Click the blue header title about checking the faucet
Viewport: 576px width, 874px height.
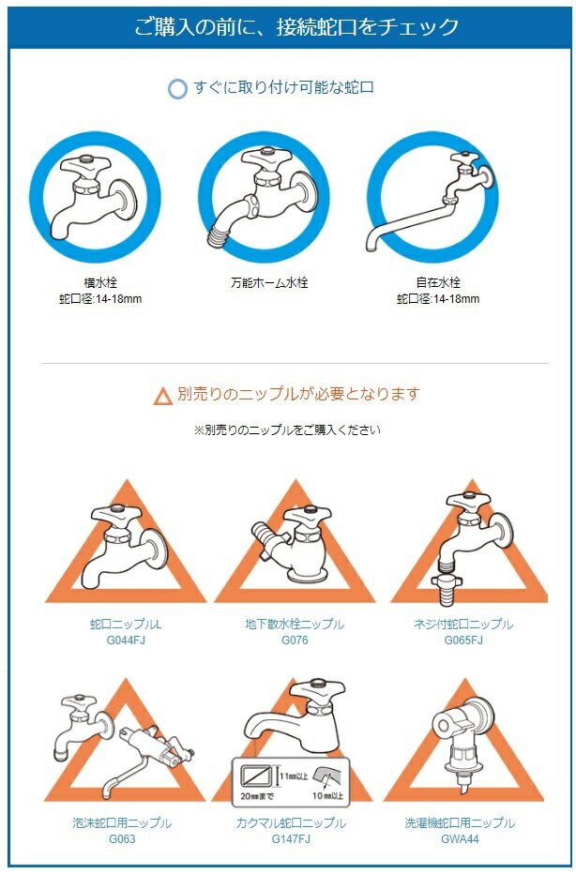point(296,26)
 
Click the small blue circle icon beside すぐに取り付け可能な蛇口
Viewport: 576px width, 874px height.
point(177,89)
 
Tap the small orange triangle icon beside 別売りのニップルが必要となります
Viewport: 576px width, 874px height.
point(163,397)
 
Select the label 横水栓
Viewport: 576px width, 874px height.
point(100,282)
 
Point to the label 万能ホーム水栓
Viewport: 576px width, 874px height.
point(269,282)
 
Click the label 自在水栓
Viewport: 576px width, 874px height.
point(438,282)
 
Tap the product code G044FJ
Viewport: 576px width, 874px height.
point(126,640)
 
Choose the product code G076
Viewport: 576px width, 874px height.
point(295,640)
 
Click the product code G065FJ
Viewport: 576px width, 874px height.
point(463,640)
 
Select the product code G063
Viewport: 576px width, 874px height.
point(122,838)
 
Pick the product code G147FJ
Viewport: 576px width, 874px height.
point(291,838)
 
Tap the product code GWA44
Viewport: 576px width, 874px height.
point(460,838)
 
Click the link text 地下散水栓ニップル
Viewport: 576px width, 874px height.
point(295,624)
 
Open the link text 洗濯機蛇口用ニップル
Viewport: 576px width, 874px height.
point(460,822)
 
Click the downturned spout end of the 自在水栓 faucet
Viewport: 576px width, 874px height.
point(371,244)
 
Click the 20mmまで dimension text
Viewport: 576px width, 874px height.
point(257,795)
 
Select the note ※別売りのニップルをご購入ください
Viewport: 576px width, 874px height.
point(287,429)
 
